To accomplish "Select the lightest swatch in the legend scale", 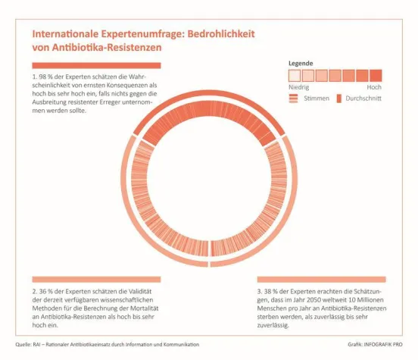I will [295, 75].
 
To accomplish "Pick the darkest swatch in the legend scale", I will [375, 75].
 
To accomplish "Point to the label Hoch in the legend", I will [374, 87].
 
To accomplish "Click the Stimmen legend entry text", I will [316, 99].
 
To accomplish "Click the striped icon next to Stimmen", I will [295, 99].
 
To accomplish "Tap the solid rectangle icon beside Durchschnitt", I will [339, 99].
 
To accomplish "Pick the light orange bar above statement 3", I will [320, 280].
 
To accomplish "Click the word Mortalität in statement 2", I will [143, 308].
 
